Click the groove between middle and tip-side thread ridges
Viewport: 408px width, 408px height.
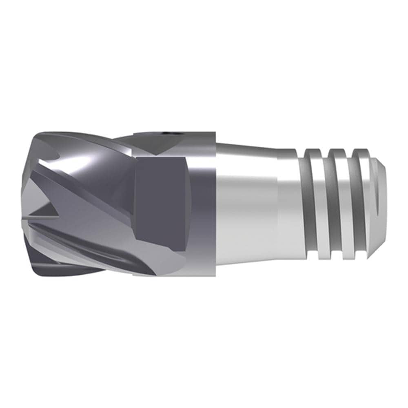click(348, 204)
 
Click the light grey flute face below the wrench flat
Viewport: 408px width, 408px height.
click(163, 261)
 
